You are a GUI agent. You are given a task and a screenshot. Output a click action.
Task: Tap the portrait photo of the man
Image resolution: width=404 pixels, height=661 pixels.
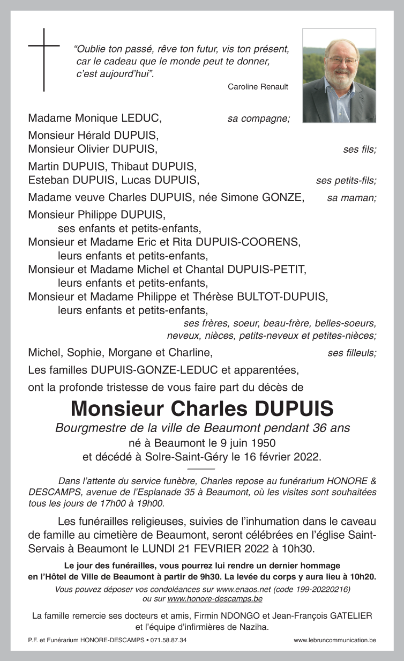339,76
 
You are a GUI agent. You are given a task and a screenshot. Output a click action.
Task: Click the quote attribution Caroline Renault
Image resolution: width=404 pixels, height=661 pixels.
258,87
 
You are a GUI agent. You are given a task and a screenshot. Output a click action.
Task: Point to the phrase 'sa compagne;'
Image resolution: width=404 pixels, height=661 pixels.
258,118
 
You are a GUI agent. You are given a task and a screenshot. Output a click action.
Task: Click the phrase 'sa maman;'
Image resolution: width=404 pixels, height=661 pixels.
351,198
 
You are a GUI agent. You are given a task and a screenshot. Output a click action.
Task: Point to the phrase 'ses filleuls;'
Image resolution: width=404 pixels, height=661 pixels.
351,353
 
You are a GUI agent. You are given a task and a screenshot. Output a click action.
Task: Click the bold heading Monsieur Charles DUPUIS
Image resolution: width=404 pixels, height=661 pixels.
202,409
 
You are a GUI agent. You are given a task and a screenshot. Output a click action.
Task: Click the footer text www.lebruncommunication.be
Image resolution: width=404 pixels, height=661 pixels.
335,640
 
